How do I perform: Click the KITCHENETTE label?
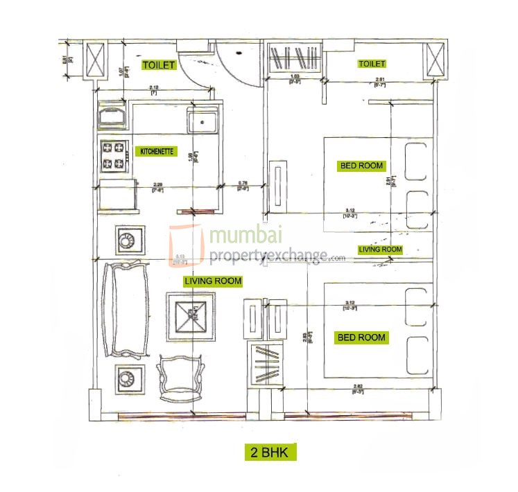coord(156,151)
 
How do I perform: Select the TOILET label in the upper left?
coord(159,64)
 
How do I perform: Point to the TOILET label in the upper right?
coord(371,64)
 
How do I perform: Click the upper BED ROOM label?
coord(361,166)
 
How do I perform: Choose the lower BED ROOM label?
coord(361,337)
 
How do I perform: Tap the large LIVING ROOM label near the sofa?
coord(213,281)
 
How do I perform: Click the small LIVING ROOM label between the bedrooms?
coord(380,249)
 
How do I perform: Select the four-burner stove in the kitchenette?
coord(115,157)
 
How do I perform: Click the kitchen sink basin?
coord(203,123)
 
